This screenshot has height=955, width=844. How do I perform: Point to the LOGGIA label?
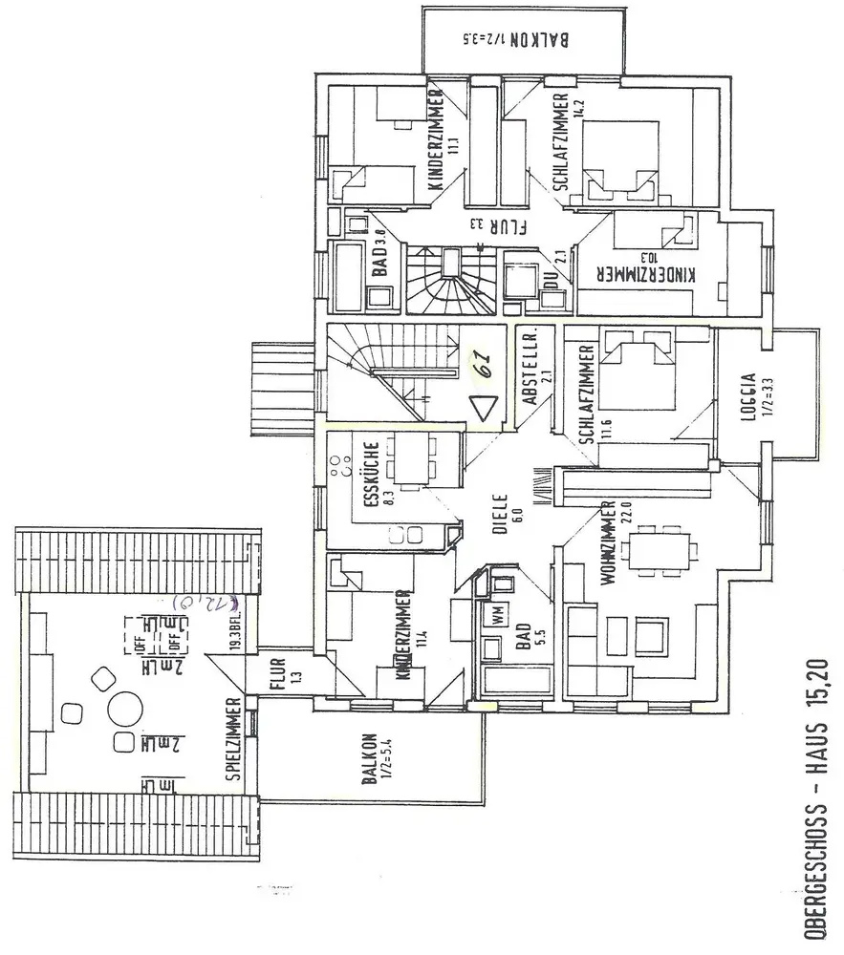point(748,395)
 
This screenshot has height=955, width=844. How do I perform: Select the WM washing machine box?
point(497,616)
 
